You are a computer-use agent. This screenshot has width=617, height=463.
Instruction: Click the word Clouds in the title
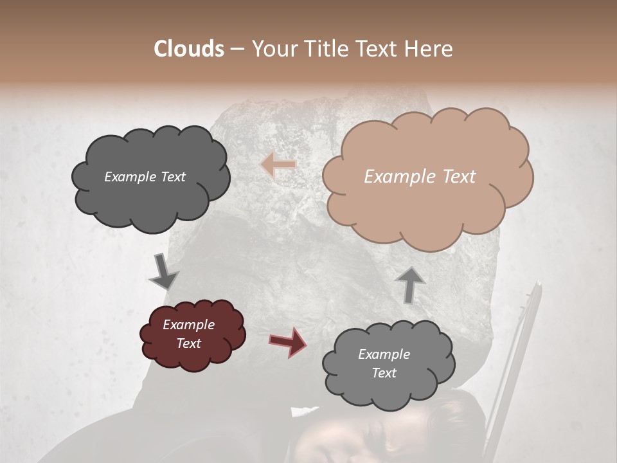coord(189,49)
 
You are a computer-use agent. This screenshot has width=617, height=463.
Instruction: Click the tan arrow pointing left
coord(278,165)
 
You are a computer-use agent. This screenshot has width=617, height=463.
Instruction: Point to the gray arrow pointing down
coord(165,271)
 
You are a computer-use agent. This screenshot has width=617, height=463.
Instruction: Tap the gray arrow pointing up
coord(411,284)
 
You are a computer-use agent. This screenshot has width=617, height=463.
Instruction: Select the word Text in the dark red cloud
coord(189,343)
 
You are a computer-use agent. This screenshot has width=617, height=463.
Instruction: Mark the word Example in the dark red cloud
coord(189,325)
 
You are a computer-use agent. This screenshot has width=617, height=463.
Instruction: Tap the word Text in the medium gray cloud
coord(384,373)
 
